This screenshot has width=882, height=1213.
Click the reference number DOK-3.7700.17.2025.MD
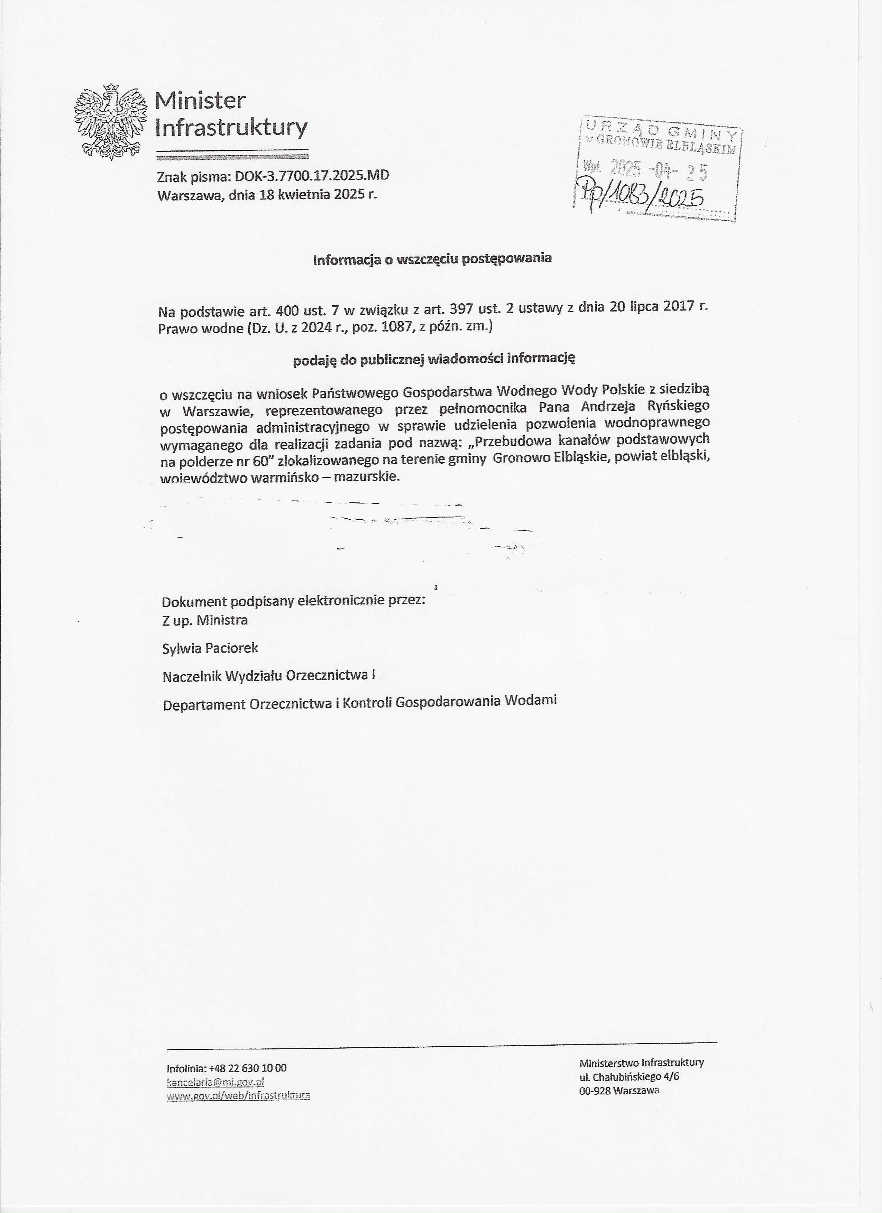(312, 176)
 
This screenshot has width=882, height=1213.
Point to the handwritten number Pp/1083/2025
(640, 197)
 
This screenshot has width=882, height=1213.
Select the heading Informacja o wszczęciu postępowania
(432, 259)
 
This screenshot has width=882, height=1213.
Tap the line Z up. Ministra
(205, 620)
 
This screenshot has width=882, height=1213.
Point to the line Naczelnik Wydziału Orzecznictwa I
(268, 676)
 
